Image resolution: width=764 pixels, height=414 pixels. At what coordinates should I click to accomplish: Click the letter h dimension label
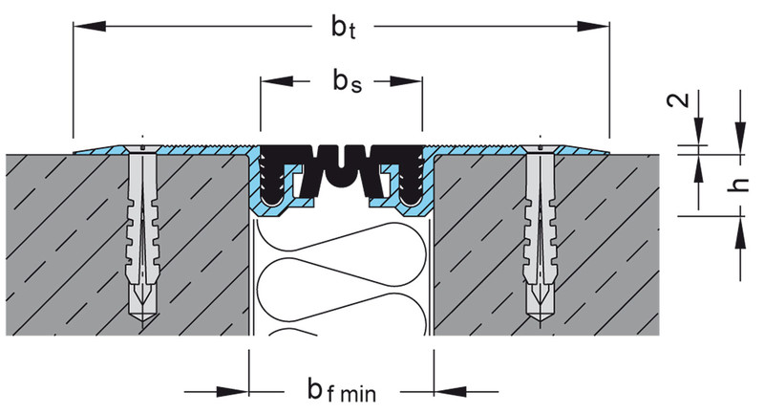point(735,187)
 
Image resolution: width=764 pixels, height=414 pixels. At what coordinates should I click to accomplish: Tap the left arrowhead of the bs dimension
point(272,82)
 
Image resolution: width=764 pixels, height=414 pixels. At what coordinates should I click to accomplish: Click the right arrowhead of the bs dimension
point(412,82)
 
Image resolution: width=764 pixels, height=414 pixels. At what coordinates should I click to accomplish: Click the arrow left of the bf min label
point(234,390)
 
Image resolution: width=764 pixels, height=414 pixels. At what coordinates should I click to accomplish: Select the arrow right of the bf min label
point(449,390)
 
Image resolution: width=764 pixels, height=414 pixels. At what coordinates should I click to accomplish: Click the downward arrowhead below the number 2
point(699,135)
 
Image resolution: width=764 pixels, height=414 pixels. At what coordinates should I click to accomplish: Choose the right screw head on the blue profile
point(541,147)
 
